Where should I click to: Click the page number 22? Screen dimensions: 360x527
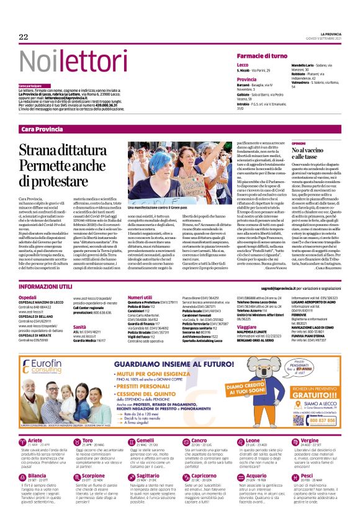tap(24, 37)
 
